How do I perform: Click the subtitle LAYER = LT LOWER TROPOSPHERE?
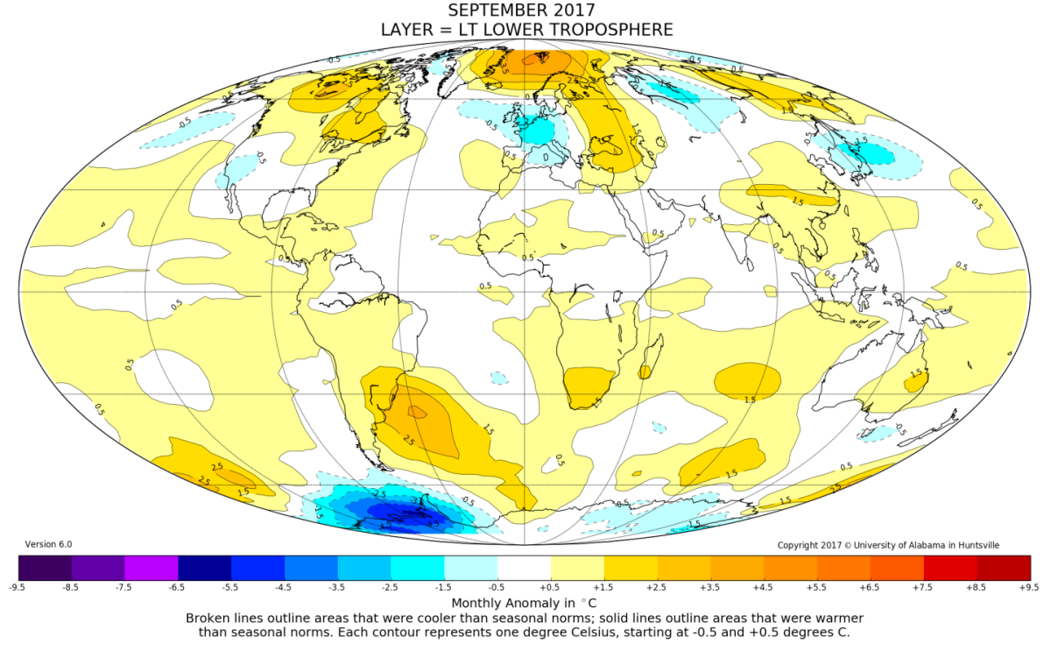pyautogui.click(x=526, y=30)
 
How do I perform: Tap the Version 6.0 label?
pyautogui.click(x=46, y=544)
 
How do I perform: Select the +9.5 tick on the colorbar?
pyautogui.click(x=1030, y=586)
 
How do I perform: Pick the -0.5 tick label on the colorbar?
pyautogui.click(x=497, y=586)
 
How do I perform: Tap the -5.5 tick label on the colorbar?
pyautogui.click(x=231, y=586)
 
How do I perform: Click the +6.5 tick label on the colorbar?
pyautogui.click(x=870, y=586)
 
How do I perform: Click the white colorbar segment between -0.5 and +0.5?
pyautogui.click(x=524, y=567)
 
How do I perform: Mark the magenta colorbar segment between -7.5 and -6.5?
pyautogui.click(x=152, y=567)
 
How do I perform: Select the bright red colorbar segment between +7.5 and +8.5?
pyautogui.click(x=950, y=567)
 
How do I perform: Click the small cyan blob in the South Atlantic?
pyautogui.click(x=498, y=379)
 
